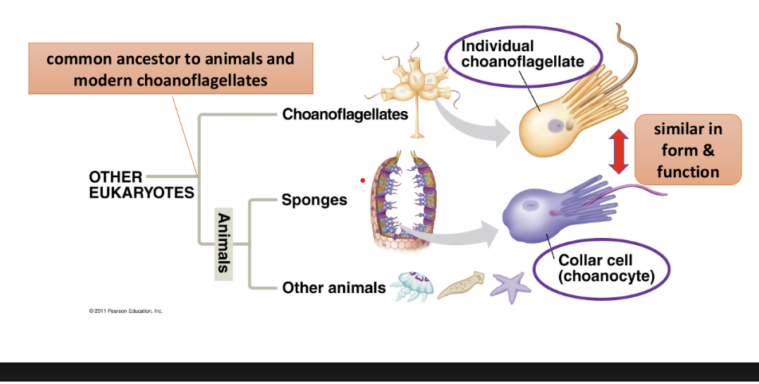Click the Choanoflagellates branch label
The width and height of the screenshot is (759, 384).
click(344, 114)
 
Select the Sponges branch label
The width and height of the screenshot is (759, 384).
click(314, 200)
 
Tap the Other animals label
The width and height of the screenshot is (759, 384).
click(333, 287)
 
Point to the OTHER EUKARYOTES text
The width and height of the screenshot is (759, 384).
click(140, 184)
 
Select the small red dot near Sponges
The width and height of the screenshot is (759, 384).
click(362, 180)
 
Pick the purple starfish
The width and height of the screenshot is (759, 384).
click(510, 287)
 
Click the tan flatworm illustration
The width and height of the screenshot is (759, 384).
click(460, 283)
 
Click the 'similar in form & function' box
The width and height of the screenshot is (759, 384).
click(688, 149)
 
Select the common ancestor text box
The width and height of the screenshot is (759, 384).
click(170, 69)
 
